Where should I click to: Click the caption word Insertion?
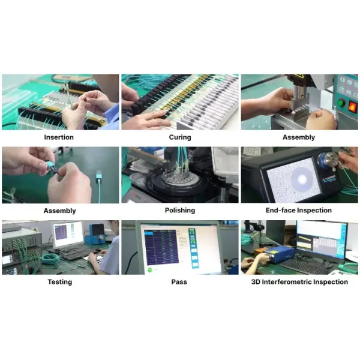pos(59,137)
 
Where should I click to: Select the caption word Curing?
pos(179,137)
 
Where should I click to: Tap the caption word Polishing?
pos(179,211)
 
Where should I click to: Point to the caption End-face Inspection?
pos(298,211)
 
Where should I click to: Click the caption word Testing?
pos(59,282)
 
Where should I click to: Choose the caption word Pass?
pos(179,282)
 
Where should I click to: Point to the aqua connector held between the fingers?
pos(52,171)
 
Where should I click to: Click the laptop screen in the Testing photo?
pos(67,235)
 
